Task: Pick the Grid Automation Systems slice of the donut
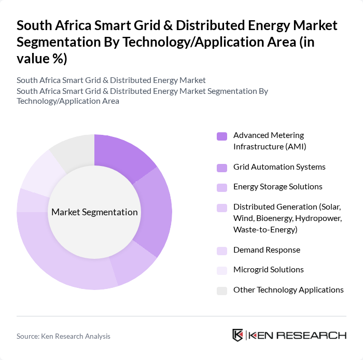click(156, 213)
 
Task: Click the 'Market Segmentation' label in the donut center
click(94, 212)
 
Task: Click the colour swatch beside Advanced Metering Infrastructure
click(222, 136)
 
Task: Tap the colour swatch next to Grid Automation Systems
click(222, 168)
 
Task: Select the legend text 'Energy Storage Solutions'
click(277, 187)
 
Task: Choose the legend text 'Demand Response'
click(267, 250)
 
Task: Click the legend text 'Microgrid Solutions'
click(268, 270)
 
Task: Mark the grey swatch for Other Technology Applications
click(222, 290)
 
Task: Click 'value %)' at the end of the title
click(41, 59)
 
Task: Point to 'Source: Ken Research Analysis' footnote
click(63, 336)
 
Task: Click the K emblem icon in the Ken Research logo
click(238, 335)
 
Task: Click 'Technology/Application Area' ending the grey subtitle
click(68, 101)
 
